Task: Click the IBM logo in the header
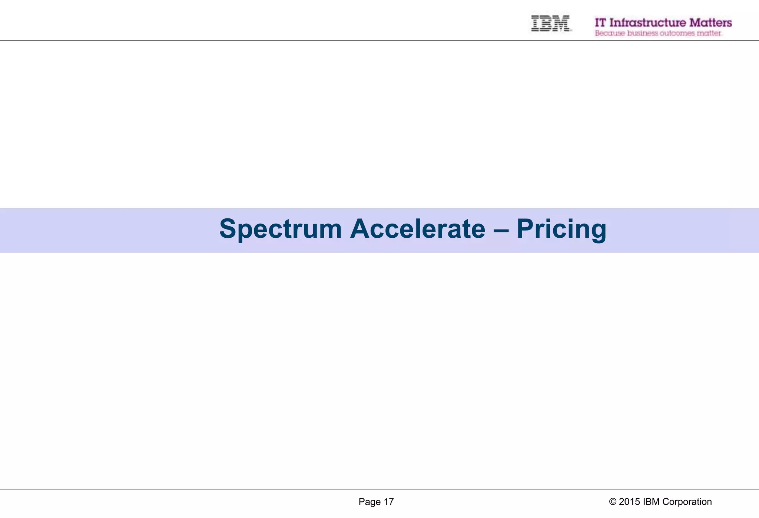coord(550,23)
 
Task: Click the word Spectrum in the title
coord(280,229)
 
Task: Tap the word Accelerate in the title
coord(418,229)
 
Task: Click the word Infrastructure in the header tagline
coord(647,23)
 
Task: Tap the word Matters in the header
coord(710,23)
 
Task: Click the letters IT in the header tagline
coord(600,23)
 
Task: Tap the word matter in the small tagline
coord(709,33)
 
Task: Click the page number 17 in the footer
coord(388,502)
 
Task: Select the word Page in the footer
coord(369,502)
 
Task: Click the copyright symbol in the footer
coord(613,502)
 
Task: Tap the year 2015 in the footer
coord(629,502)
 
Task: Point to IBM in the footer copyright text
coord(651,502)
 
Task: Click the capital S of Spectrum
coord(228,229)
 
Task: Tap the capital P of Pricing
coord(525,229)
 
